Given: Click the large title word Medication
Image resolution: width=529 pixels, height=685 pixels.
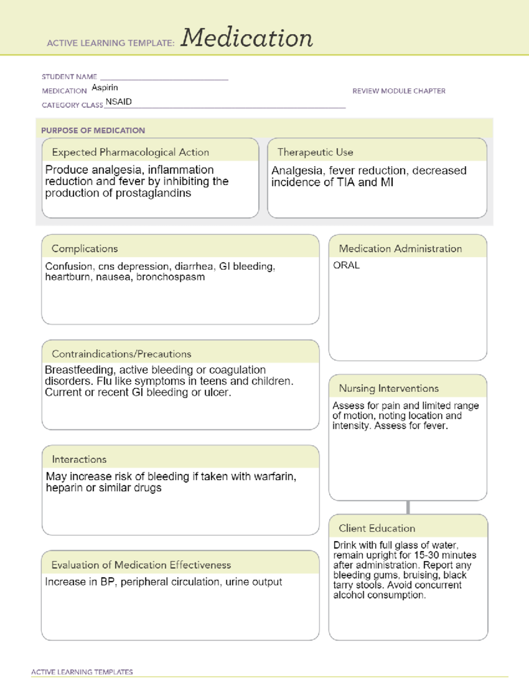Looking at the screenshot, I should (246, 38).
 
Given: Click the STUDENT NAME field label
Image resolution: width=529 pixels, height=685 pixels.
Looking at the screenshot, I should (69, 77).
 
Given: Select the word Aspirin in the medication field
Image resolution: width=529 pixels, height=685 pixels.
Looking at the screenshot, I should (105, 88).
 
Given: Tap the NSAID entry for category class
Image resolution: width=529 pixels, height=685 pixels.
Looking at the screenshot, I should (119, 102).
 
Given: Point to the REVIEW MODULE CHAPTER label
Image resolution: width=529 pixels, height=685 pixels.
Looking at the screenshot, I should (399, 91).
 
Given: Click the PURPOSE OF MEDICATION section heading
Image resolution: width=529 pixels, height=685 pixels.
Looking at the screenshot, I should (93, 131).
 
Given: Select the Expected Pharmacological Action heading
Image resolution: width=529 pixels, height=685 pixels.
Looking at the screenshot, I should (130, 152).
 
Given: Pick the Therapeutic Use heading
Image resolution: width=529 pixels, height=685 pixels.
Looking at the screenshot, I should (315, 152).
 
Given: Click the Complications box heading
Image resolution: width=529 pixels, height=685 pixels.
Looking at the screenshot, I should (85, 249).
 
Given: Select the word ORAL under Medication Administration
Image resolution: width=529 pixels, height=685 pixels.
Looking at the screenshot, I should (346, 266).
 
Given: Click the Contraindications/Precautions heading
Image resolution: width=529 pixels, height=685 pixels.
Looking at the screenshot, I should (121, 354).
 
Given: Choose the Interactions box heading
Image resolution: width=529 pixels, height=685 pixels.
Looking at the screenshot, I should (79, 460).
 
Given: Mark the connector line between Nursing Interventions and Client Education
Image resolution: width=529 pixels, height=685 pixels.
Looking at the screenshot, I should (408, 507).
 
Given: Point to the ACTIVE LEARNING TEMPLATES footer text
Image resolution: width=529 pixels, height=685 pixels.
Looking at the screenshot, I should (82, 672).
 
